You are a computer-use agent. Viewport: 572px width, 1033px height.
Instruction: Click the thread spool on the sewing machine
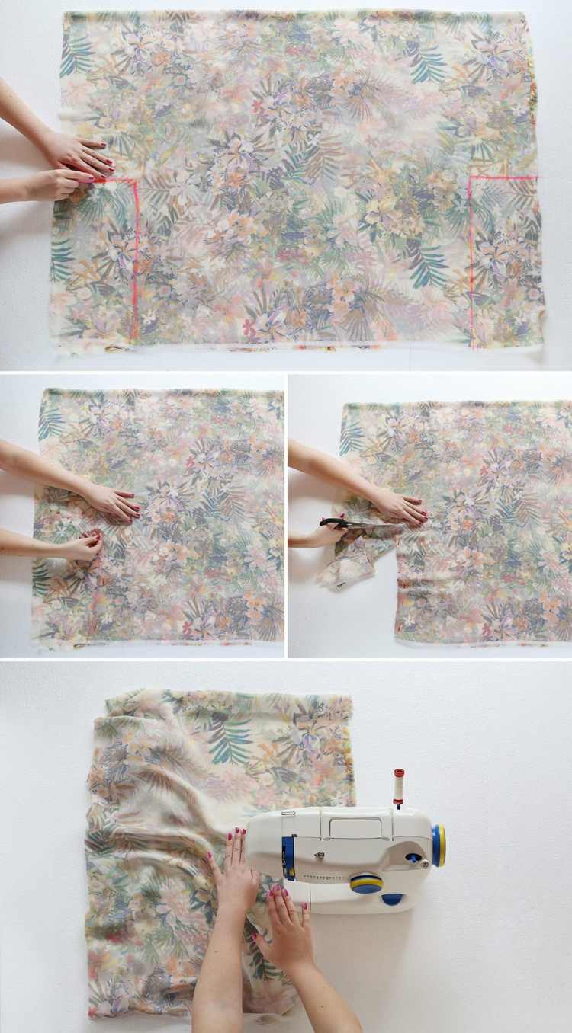398,788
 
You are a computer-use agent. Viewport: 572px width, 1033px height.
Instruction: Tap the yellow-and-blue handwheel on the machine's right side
439,846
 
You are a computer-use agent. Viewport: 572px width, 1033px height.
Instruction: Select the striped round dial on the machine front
366,883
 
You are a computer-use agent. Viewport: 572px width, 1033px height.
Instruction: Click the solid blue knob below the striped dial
393,899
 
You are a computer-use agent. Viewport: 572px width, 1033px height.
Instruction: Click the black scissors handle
333,523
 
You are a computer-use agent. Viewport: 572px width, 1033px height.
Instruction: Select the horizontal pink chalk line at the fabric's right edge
503,177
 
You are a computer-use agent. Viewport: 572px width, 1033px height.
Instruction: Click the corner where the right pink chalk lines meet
471,178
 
